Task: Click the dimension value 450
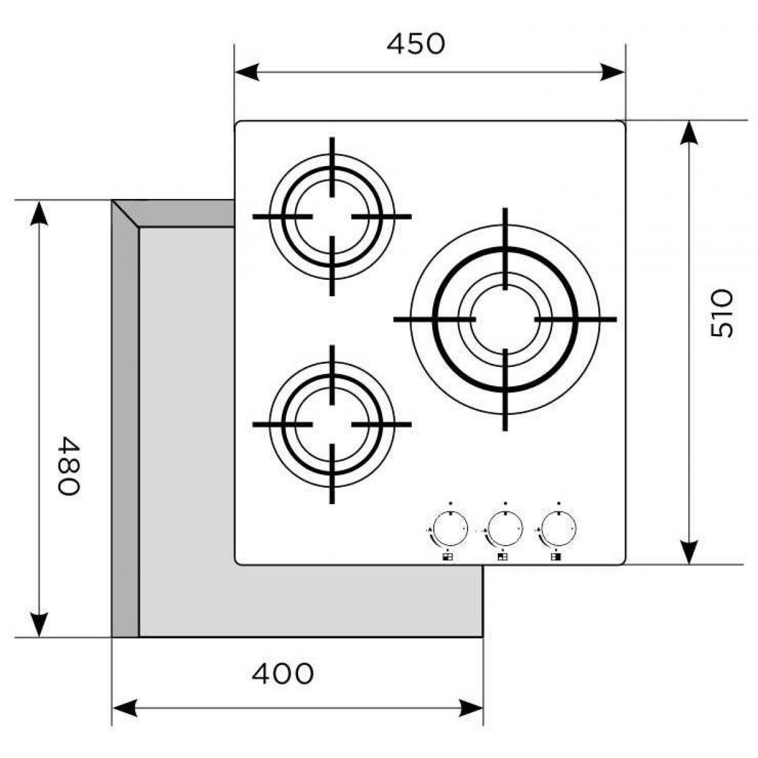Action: [416, 44]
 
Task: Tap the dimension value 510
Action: [722, 313]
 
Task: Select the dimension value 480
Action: [69, 466]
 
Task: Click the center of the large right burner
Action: [505, 320]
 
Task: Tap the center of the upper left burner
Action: [332, 217]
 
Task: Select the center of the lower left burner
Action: [332, 424]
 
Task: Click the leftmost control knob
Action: [450, 529]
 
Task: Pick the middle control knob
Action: [504, 529]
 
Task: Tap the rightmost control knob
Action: [558, 529]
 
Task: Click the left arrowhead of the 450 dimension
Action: [247, 72]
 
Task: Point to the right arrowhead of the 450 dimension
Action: [613, 72]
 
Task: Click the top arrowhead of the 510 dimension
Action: [689, 133]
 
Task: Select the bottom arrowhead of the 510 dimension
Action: [689, 552]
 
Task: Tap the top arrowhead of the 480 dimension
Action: [39, 214]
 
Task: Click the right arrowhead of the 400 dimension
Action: [471, 707]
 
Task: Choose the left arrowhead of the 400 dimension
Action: [125, 707]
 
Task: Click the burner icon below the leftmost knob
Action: [448, 557]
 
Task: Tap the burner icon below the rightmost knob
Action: [556, 557]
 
